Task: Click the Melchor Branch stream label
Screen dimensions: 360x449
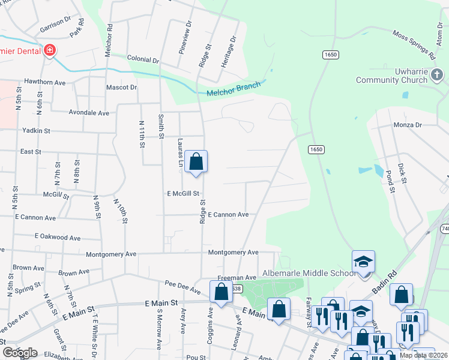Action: point(234,89)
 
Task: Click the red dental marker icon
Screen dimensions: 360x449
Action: point(50,50)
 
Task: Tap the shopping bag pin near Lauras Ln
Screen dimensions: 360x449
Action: point(196,161)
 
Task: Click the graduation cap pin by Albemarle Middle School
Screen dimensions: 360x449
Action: point(363,262)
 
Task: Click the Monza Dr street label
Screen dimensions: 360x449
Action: point(408,125)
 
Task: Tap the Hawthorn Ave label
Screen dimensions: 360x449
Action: point(44,81)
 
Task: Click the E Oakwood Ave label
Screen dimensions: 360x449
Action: point(58,238)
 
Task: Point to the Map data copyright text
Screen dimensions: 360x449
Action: point(424,355)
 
